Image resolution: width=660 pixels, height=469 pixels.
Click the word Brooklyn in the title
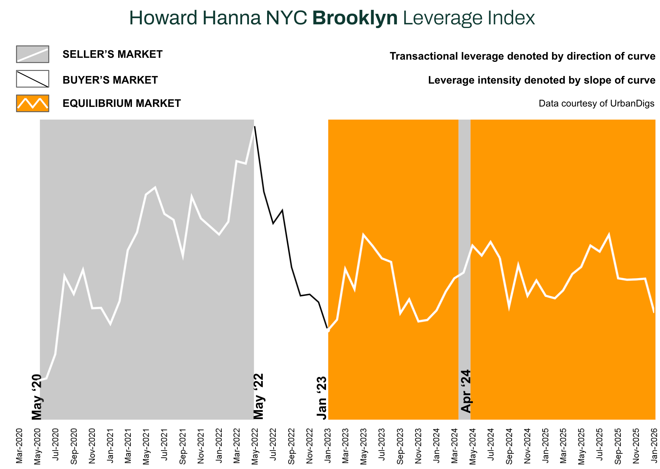pos(355,18)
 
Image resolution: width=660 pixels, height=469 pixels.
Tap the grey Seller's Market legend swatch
pos(32,54)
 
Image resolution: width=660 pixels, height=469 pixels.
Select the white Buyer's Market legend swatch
pos(32,79)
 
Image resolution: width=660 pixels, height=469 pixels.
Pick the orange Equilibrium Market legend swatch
pos(32,103)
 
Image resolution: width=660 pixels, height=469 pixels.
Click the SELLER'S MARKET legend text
pos(112,55)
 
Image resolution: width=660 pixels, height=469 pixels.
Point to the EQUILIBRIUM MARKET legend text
pos(121,104)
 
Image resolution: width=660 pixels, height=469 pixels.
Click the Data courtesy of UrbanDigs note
pos(596,104)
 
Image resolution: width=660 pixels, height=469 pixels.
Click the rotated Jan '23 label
pos(322,398)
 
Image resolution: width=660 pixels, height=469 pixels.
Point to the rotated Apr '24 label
pos(466,392)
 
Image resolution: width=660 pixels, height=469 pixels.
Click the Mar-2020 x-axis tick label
pos(19,446)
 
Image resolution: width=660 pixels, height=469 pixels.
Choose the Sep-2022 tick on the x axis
pos(291,446)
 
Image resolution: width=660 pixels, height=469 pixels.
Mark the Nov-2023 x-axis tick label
pos(418,446)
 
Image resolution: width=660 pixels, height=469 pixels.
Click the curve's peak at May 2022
pos(254,127)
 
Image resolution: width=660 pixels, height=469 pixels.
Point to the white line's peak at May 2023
pos(363,235)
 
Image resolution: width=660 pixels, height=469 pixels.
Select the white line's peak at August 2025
pos(608,235)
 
